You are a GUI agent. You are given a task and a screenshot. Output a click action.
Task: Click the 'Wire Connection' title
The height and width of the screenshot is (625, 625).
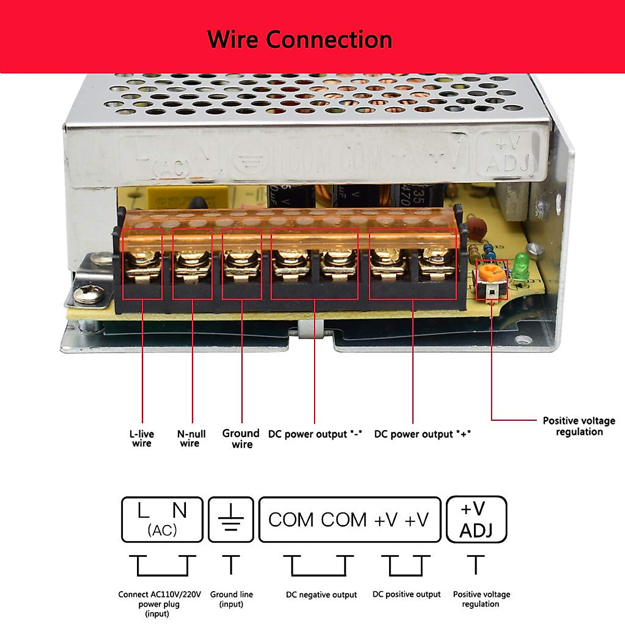(299, 40)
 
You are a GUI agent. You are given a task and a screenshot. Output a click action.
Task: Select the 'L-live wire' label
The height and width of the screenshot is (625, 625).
(142, 439)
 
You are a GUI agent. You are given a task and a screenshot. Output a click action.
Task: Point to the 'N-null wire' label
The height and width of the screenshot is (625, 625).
(191, 439)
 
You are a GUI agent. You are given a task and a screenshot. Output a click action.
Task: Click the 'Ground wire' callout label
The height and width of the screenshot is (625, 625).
(241, 439)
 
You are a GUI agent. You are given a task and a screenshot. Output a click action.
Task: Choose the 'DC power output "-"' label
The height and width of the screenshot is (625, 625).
(315, 434)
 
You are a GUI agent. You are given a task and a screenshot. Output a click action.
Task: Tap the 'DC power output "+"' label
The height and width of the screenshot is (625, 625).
(422, 434)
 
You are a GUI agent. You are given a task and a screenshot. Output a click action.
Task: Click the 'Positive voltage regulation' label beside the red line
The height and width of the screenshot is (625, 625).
(579, 426)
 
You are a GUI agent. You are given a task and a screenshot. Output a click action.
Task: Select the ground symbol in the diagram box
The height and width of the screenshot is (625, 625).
(231, 519)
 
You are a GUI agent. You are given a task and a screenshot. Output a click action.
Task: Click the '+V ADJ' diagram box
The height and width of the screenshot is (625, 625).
(477, 519)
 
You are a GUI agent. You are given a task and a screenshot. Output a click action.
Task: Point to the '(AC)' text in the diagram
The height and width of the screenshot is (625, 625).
(162, 530)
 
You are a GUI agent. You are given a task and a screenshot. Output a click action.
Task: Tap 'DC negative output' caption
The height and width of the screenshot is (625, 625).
(321, 595)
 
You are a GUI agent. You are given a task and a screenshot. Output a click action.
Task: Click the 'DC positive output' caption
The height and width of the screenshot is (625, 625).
(406, 594)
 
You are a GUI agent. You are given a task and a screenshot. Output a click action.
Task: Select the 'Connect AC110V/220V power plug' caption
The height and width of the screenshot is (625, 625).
(159, 604)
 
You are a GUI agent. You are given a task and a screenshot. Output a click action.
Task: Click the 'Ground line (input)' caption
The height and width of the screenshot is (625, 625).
(231, 599)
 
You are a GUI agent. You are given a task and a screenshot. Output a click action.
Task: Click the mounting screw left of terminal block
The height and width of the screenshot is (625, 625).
(85, 295)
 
